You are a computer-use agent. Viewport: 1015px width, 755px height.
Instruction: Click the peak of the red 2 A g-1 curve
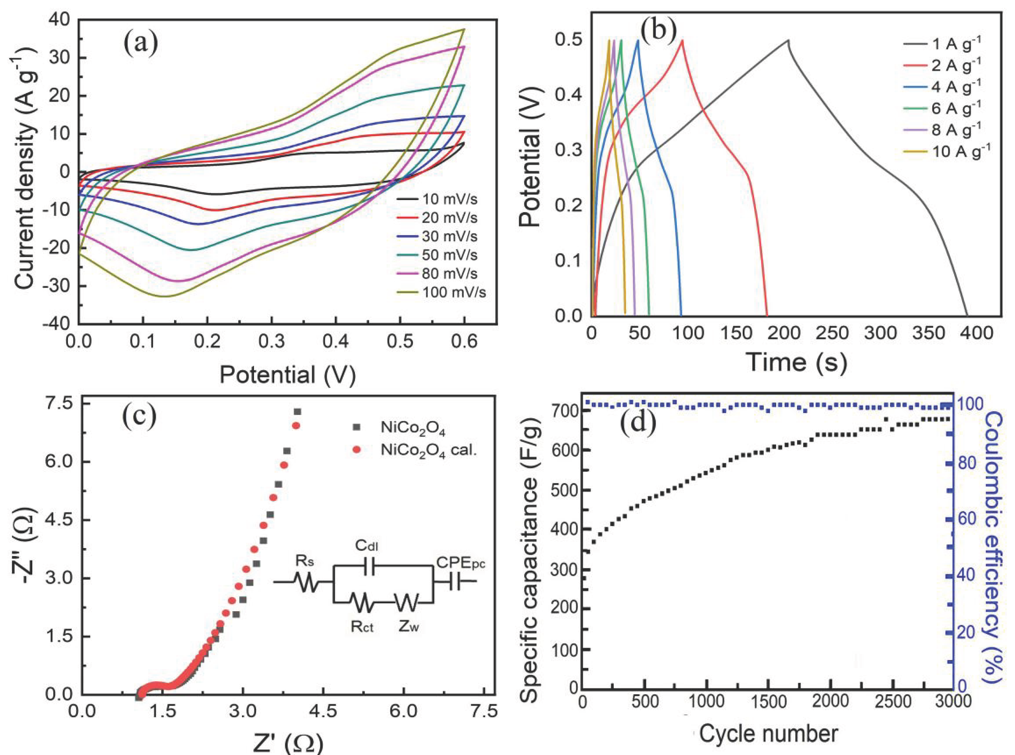point(682,40)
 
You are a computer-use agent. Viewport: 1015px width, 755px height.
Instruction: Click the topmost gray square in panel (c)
point(298,412)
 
